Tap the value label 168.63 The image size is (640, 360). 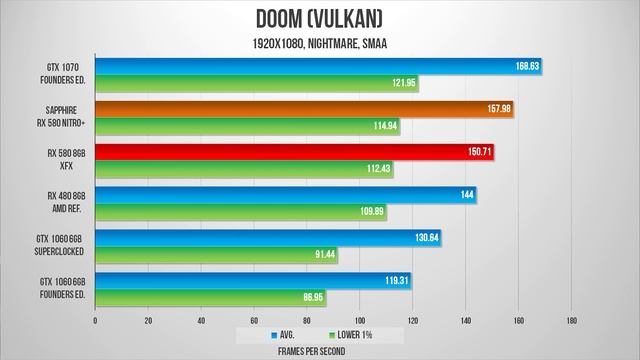(527, 67)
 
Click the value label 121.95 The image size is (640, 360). (405, 84)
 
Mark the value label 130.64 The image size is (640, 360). (427, 238)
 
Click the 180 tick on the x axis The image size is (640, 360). (571, 321)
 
